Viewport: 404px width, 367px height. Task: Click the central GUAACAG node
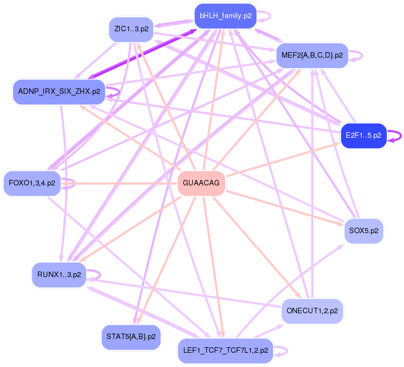(202, 183)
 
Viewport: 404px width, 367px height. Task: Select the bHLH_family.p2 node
(226, 16)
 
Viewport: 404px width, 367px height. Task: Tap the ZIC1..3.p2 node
(131, 29)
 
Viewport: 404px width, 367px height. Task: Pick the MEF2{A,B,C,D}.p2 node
(312, 55)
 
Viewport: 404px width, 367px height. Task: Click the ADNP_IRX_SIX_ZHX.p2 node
(59, 91)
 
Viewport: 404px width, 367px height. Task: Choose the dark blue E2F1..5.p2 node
(364, 135)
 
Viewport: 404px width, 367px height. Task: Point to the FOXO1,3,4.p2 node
(32, 183)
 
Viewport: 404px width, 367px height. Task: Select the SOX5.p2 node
(363, 231)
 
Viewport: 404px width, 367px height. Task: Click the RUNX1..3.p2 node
(59, 274)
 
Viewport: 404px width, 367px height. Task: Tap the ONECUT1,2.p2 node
(312, 311)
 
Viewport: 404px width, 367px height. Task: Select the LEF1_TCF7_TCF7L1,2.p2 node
(225, 350)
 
